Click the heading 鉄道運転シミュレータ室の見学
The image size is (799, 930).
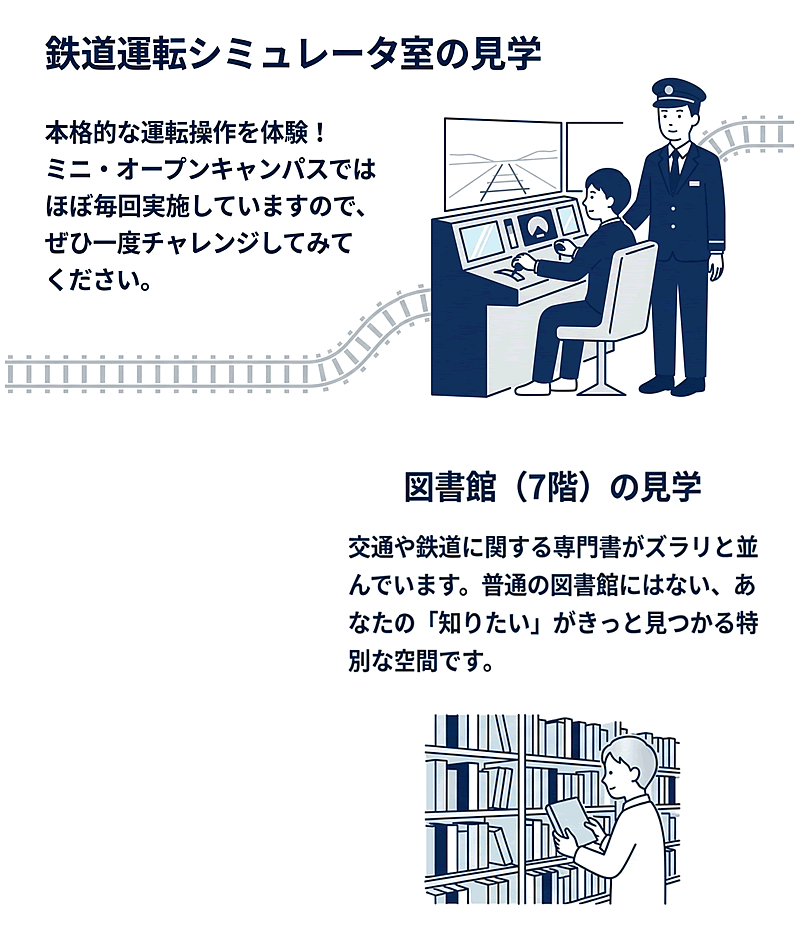coord(293,53)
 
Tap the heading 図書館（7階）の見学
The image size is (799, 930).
coord(553,487)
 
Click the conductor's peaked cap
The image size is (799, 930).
coord(678,93)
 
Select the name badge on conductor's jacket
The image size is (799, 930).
coord(694,183)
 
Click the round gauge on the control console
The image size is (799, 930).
coord(538,227)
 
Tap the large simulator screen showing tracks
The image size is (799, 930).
coord(503,163)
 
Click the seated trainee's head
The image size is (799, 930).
coord(605,193)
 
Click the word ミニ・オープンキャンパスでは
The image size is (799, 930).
coord(210,170)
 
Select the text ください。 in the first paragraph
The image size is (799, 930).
coord(98,280)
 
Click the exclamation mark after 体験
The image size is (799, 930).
coord(321,133)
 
